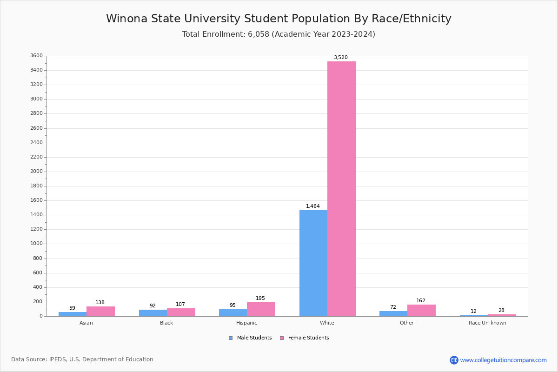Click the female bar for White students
pyautogui.click(x=341, y=188)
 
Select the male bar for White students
pyautogui.click(x=313, y=263)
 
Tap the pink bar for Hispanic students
pyautogui.click(x=261, y=309)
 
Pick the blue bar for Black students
pyautogui.click(x=153, y=313)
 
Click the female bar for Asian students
pyautogui.click(x=100, y=311)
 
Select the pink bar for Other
pyautogui.click(x=421, y=310)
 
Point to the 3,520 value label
pyautogui.click(x=340, y=58)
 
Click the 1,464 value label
pyautogui.click(x=312, y=206)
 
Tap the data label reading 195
pyautogui.click(x=260, y=299)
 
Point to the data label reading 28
pyautogui.click(x=501, y=311)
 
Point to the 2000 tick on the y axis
pyautogui.click(x=37, y=172)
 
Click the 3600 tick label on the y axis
pyautogui.click(x=37, y=56)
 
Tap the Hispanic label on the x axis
pyautogui.click(x=246, y=323)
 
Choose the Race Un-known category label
pyautogui.click(x=487, y=323)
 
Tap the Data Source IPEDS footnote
pyautogui.click(x=82, y=359)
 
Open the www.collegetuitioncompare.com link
pyautogui.click(x=503, y=360)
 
